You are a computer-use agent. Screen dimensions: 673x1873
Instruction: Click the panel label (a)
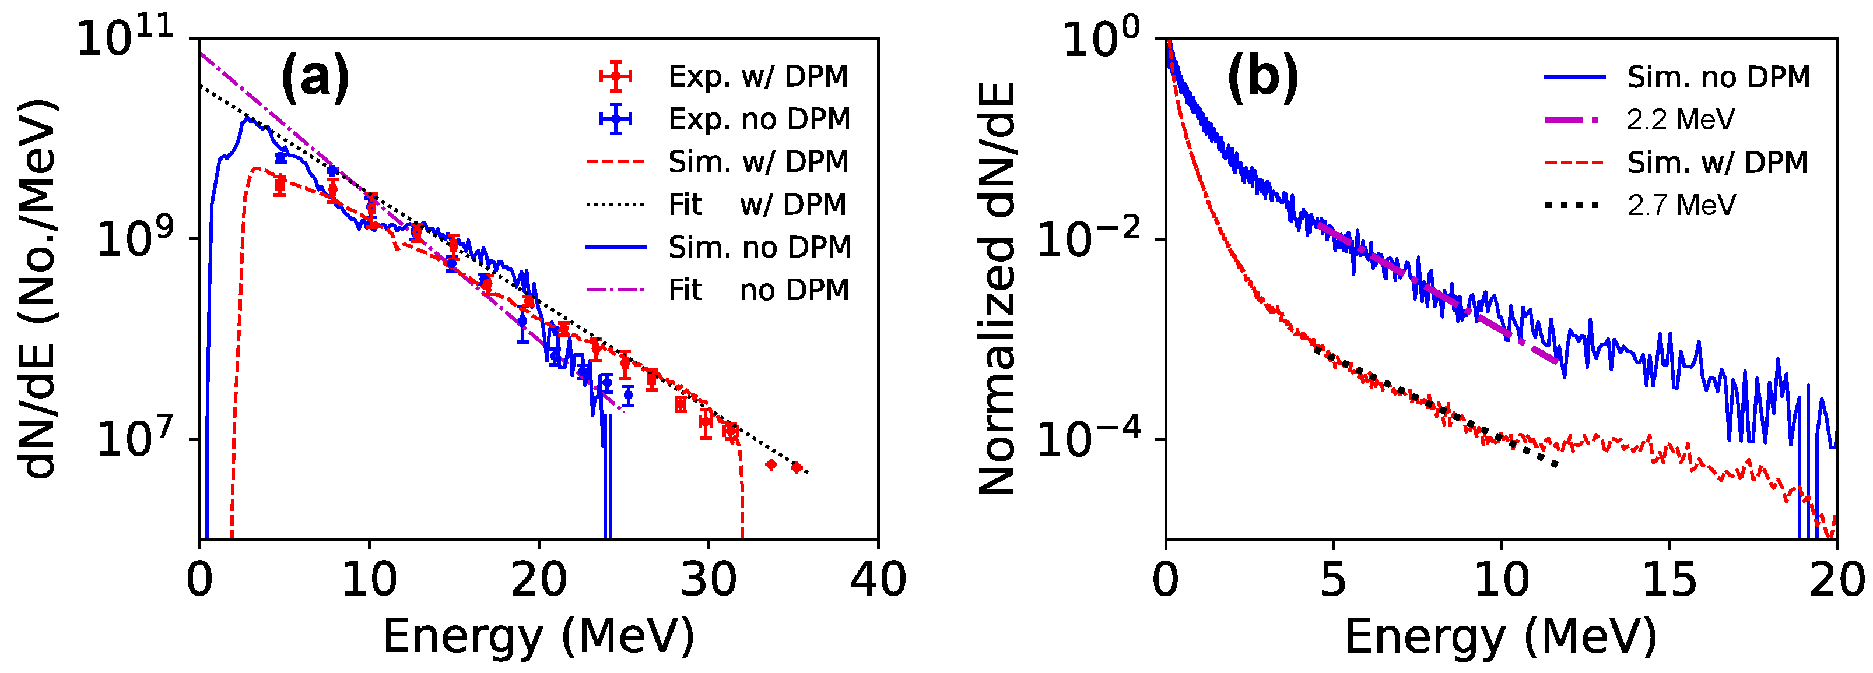coord(315,77)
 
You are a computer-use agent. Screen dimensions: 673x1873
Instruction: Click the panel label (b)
coord(1262,77)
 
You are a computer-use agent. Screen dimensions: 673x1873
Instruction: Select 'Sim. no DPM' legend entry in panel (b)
coord(1718,77)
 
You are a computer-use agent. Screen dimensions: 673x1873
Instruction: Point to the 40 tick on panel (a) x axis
coord(878,580)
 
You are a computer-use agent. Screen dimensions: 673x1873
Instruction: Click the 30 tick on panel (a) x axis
coord(708,580)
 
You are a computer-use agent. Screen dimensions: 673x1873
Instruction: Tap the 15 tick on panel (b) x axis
coord(1669,580)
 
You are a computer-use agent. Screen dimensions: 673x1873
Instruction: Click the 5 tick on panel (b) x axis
coord(1334,580)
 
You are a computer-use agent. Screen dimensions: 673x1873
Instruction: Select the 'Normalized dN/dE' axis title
coord(996,289)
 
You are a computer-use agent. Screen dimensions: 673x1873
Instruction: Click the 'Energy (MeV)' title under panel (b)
coord(1501,637)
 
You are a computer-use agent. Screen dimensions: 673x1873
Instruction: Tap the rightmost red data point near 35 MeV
coord(796,467)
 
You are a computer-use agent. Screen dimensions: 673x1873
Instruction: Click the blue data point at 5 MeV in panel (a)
coord(280,158)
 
